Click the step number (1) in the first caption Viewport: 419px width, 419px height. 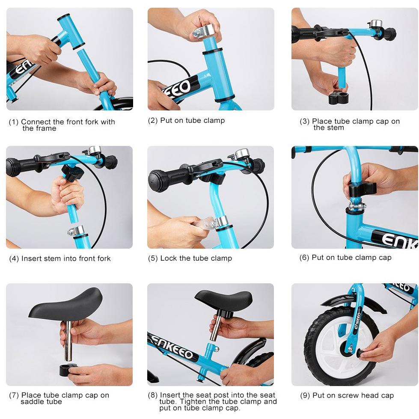pos(14,122)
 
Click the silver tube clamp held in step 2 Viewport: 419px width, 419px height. pos(203,31)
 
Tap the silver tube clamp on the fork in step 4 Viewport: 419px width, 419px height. pos(77,231)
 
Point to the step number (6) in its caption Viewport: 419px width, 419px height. pos(304,258)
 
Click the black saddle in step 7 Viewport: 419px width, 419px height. pos(66,303)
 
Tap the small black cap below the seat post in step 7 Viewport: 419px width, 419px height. pos(68,369)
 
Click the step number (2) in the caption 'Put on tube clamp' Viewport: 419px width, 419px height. pos(153,121)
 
